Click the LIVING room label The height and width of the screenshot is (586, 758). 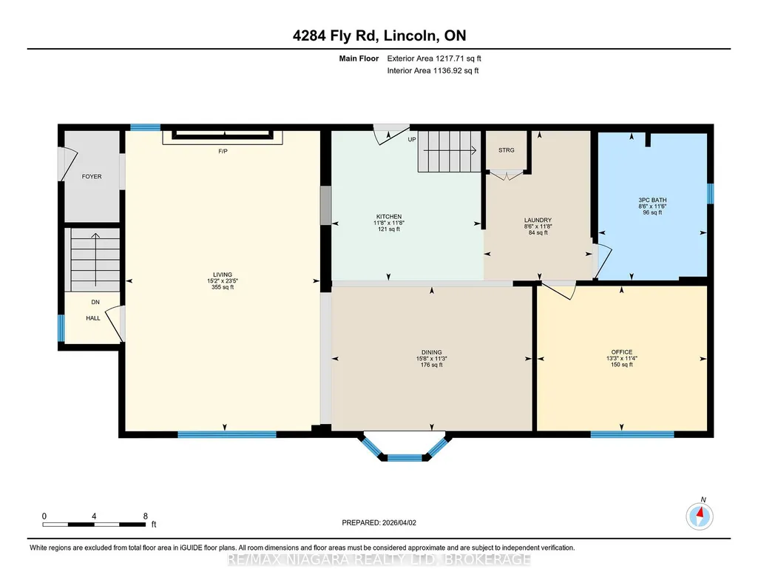(223, 275)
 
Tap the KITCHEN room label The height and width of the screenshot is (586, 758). (389, 217)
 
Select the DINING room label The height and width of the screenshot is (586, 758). (431, 352)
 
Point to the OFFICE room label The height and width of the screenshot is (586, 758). (622, 352)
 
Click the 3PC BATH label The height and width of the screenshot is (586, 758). (652, 200)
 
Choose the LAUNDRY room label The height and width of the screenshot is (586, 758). (538, 220)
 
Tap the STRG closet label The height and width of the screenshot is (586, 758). (506, 150)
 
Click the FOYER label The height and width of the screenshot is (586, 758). (92, 177)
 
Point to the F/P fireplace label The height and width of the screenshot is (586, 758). (223, 152)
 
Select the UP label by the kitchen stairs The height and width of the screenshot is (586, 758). (412, 139)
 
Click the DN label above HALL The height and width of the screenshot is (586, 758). (95, 302)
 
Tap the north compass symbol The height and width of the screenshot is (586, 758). (700, 516)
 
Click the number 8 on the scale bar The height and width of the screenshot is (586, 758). (145, 516)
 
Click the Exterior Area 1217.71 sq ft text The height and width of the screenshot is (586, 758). (434, 58)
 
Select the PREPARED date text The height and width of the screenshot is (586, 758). (379, 522)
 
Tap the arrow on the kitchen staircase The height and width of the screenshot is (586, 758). (450, 150)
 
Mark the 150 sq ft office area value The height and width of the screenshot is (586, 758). (622, 365)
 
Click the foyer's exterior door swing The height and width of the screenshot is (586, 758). (68, 164)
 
